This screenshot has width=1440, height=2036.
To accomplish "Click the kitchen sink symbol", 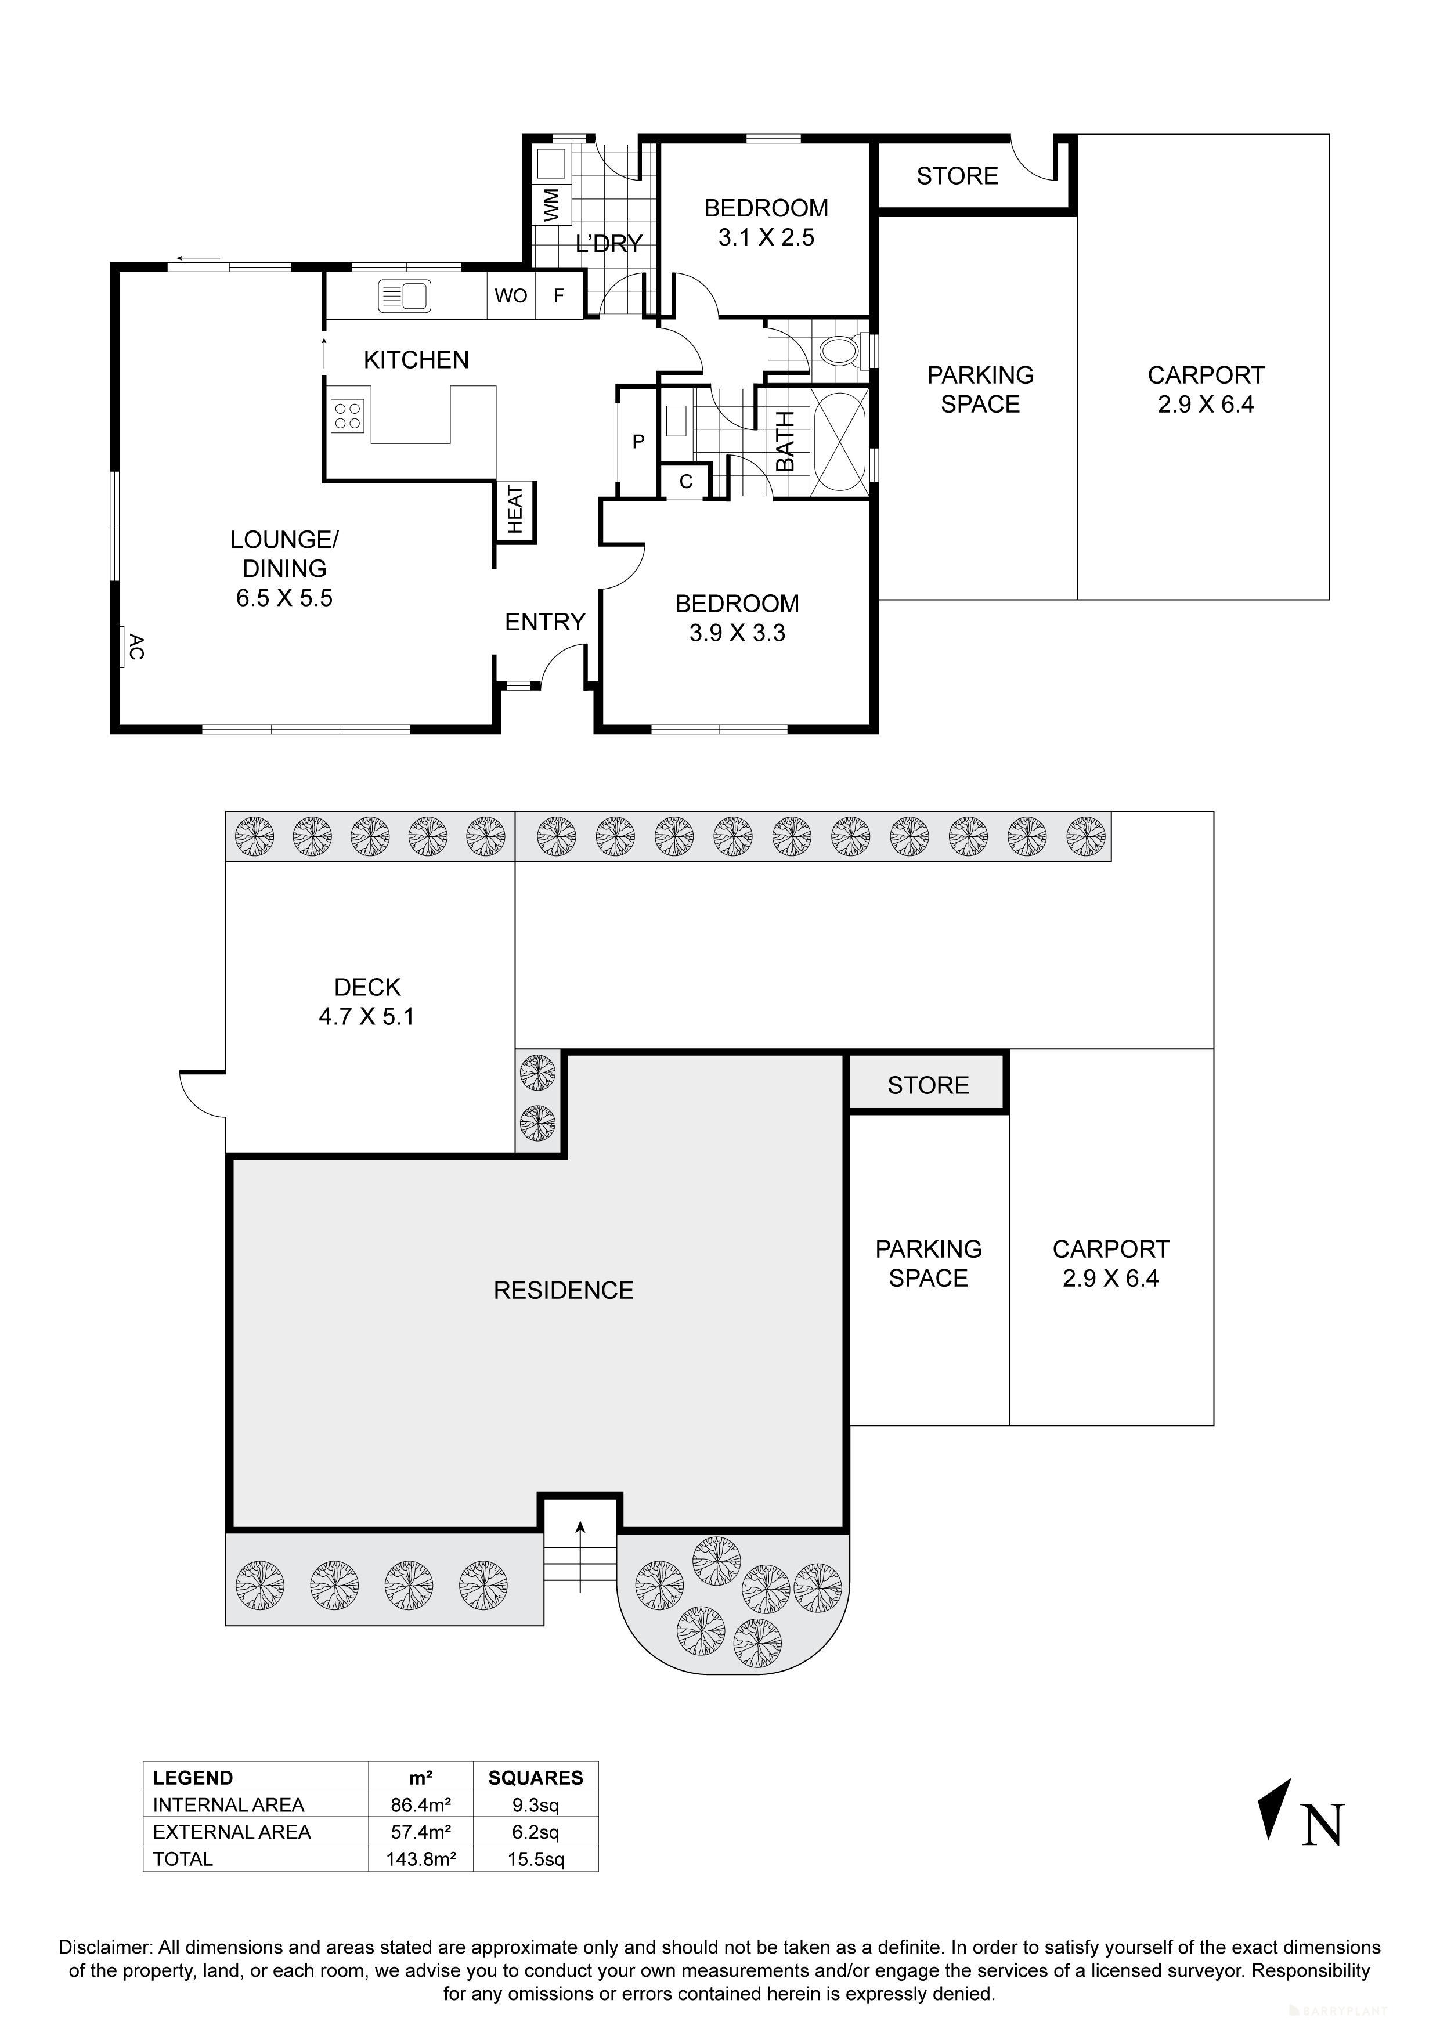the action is tap(405, 295).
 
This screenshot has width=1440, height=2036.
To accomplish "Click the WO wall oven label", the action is tap(511, 295).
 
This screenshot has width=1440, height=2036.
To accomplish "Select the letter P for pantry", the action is tap(637, 442).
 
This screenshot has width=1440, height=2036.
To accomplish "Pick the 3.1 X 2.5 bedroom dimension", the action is tap(766, 237).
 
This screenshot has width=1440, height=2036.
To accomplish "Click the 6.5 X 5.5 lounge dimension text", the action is tap(284, 598).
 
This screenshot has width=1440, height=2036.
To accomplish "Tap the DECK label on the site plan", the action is tap(367, 987).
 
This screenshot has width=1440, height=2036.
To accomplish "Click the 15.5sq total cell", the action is tap(536, 1858).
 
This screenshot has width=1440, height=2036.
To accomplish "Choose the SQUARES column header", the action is tap(536, 1777).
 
